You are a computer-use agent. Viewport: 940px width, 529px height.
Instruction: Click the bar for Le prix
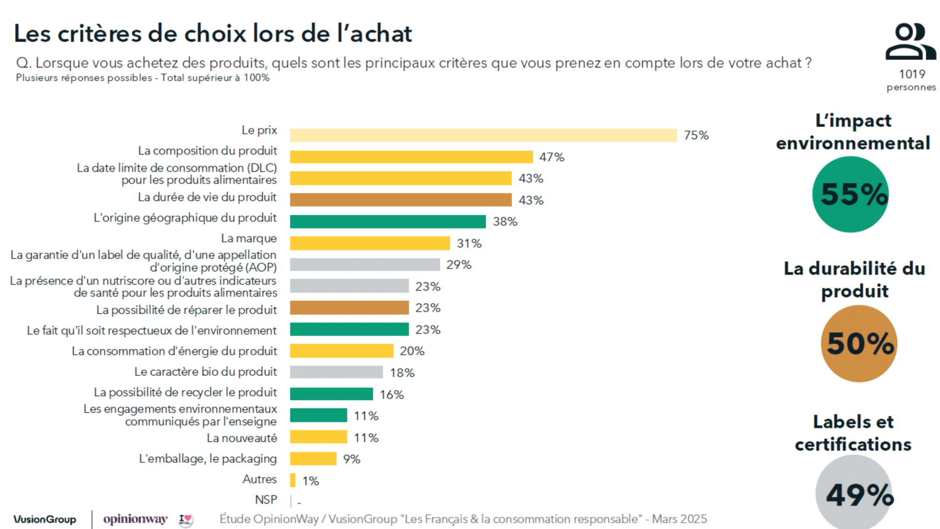click(483, 135)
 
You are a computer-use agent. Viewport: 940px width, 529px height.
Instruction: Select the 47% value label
click(552, 157)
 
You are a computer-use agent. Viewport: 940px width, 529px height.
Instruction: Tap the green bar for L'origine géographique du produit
click(388, 221)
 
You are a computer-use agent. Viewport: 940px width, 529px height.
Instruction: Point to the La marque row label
click(249, 239)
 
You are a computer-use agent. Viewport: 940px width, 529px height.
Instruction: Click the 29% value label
click(459, 265)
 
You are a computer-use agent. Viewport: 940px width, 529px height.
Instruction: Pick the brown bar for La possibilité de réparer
click(349, 308)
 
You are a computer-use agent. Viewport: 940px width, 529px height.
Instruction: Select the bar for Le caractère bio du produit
click(336, 372)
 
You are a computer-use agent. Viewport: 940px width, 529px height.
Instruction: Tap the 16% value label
click(392, 395)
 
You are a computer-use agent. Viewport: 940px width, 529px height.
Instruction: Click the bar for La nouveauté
click(318, 437)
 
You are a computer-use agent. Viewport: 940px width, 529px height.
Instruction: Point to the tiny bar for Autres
click(293, 480)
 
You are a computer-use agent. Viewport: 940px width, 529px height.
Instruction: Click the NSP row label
click(266, 500)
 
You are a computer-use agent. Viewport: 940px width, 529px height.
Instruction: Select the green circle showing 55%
click(850, 194)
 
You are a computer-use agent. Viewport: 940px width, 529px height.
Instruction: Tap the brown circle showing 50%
click(859, 343)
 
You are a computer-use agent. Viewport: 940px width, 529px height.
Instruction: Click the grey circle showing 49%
click(854, 492)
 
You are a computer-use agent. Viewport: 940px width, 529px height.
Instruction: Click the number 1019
click(912, 74)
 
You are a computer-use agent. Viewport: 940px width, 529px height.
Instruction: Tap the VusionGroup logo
click(45, 519)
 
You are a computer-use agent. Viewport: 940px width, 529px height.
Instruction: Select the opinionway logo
click(136, 519)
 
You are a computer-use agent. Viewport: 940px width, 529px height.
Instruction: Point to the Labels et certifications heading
click(853, 433)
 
